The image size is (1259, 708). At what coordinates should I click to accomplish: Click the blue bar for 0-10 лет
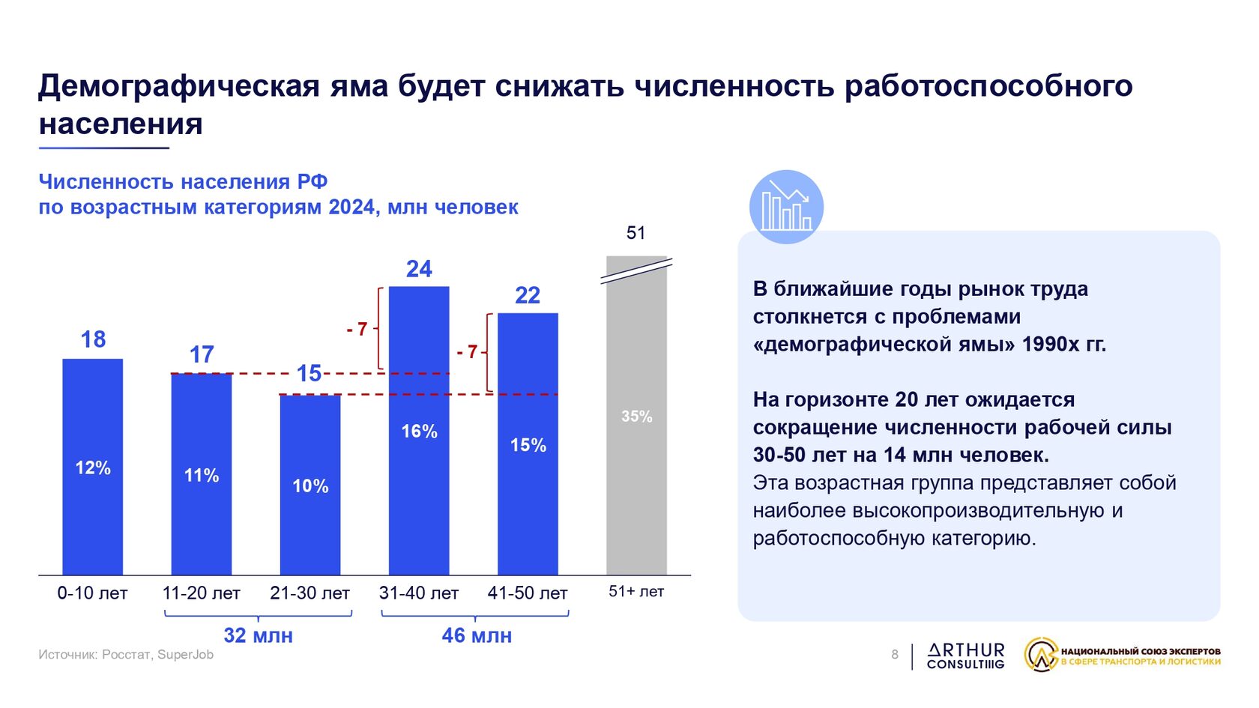(93, 466)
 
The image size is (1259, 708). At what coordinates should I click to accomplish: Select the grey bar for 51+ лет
(636, 415)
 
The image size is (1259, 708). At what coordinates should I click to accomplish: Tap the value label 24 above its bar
(420, 269)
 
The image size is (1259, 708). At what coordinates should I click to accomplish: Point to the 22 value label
(528, 295)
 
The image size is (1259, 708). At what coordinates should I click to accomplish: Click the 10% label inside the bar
(310, 486)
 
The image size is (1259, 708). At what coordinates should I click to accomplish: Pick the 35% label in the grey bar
(637, 417)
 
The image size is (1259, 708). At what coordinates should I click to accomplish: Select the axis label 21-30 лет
(310, 593)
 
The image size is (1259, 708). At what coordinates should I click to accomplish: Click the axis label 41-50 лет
(528, 593)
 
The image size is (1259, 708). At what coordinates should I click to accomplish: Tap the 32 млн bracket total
(259, 635)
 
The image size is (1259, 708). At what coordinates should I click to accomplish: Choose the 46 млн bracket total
(477, 635)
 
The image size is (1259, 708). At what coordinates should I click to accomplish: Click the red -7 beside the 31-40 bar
(357, 329)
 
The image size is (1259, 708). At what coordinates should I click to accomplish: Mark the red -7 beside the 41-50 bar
(467, 352)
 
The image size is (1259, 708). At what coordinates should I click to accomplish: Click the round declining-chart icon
(786, 207)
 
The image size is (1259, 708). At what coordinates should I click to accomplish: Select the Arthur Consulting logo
(965, 656)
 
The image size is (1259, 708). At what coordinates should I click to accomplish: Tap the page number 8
(895, 655)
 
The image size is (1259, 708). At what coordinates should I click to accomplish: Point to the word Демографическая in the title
(179, 86)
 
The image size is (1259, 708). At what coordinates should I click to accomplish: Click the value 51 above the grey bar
(635, 232)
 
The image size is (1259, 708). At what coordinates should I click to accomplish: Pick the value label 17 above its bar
(202, 354)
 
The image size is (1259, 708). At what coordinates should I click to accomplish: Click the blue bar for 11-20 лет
(201, 474)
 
